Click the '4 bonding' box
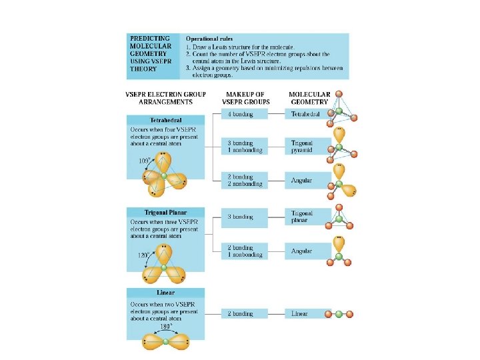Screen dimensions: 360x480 pos(244,114)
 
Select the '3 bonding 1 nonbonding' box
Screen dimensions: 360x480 pos(244,146)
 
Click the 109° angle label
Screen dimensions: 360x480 pos(144,161)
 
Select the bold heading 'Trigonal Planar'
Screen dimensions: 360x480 pos(163,211)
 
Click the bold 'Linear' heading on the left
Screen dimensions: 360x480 pos(166,293)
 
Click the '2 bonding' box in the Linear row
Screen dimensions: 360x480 pos(244,313)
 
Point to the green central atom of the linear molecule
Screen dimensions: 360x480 pos(338,313)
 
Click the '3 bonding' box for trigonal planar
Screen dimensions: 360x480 pos(244,217)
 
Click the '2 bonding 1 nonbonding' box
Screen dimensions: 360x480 pos(244,251)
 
